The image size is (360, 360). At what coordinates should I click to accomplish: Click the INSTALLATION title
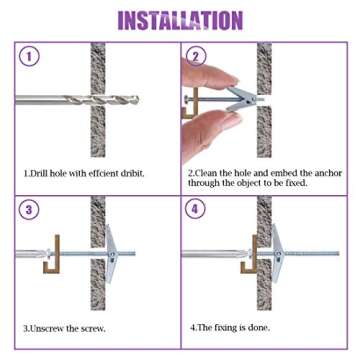tap(180, 19)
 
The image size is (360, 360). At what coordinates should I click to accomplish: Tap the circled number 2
tap(197, 57)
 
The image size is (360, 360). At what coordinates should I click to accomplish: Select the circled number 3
tap(30, 210)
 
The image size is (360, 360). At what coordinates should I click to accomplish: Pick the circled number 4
tap(197, 210)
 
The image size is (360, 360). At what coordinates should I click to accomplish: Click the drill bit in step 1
tap(60, 99)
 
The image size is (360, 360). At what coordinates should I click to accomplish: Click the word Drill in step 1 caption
tap(40, 173)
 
